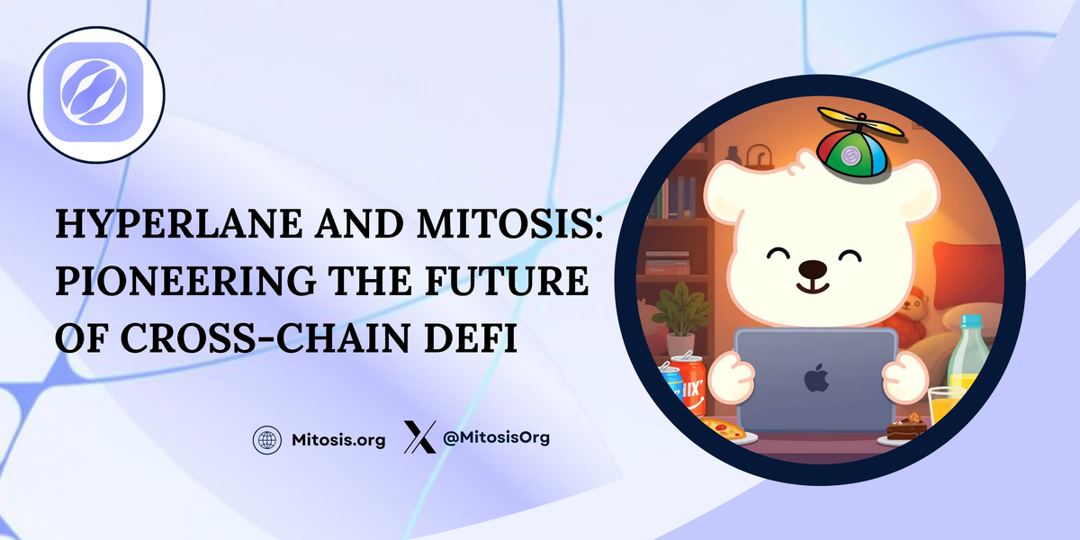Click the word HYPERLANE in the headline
click(x=178, y=224)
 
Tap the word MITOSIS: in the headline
click(x=510, y=224)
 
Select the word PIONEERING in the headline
click(x=185, y=280)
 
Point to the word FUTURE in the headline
click(x=507, y=280)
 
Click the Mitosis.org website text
click(x=338, y=440)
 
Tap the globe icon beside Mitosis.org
click(x=267, y=440)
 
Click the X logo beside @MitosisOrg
click(x=420, y=436)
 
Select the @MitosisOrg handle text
click(x=496, y=437)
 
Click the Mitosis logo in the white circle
click(x=94, y=92)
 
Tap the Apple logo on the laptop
click(x=817, y=378)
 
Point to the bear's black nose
click(x=813, y=268)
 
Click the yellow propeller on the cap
click(x=861, y=121)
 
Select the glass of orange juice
click(x=946, y=408)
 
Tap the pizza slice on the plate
click(x=724, y=427)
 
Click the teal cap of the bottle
click(x=971, y=321)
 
